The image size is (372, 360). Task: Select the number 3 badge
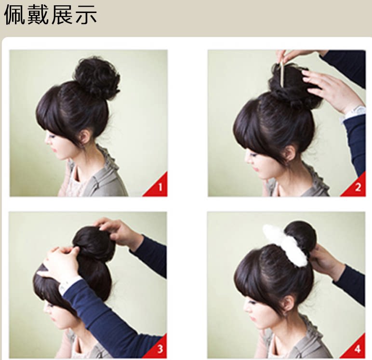click(160, 348)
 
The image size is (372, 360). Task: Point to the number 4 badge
click(358, 348)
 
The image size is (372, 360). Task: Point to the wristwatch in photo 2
click(355, 112)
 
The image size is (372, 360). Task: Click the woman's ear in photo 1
click(86, 136)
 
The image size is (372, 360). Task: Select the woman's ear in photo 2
click(289, 154)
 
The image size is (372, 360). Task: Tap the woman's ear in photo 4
click(289, 304)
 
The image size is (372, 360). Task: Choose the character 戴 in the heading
click(39, 15)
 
